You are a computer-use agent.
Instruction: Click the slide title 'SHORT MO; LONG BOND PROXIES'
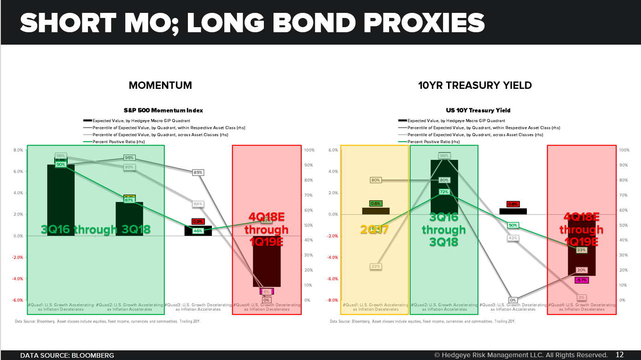(252, 23)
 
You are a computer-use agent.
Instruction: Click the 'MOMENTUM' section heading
(160, 85)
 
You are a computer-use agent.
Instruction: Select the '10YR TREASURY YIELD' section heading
(476, 85)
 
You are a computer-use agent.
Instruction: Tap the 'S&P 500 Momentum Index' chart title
(163, 110)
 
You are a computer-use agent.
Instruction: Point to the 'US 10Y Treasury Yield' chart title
(478, 110)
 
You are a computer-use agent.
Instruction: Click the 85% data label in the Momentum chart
(198, 173)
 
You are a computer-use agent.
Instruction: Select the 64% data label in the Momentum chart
(198, 204)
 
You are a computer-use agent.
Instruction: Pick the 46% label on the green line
(198, 231)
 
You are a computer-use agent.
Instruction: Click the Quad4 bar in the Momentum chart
(267, 267)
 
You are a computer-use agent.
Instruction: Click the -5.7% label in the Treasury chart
(582, 280)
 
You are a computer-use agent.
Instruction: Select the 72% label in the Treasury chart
(444, 192)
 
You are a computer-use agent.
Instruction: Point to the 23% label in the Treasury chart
(376, 267)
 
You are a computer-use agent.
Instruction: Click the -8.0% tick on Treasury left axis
(332, 300)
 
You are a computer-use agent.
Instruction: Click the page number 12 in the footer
(619, 355)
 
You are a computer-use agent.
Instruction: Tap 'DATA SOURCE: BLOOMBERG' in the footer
(67, 355)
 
